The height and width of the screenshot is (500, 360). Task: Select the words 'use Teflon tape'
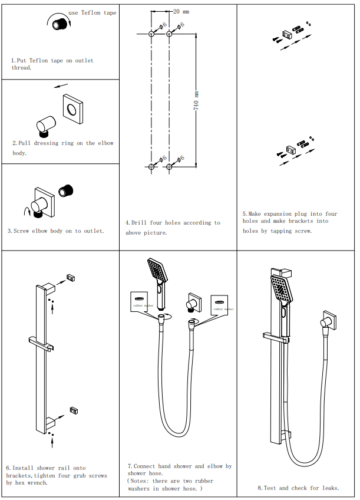pyautogui.click(x=93, y=12)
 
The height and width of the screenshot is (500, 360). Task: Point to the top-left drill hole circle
pyautogui.click(x=151, y=35)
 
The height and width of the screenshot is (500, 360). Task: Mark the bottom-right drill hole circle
pyautogui.click(x=170, y=167)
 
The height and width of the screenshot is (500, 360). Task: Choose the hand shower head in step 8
pyautogui.click(x=281, y=290)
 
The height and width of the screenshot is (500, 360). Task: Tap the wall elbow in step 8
pyautogui.click(x=327, y=322)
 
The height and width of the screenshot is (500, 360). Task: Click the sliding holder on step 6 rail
pyautogui.click(x=41, y=342)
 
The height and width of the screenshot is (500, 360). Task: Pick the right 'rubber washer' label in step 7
pyautogui.click(x=223, y=308)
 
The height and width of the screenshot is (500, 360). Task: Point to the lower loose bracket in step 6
pyautogui.click(x=74, y=410)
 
